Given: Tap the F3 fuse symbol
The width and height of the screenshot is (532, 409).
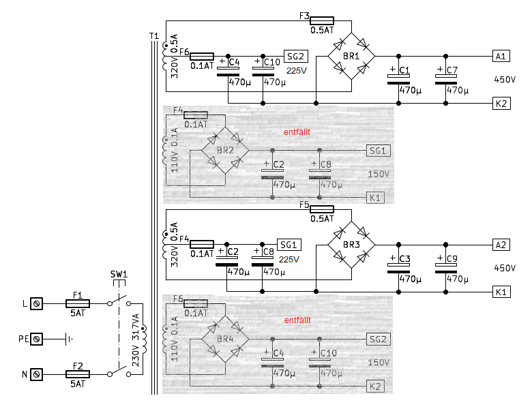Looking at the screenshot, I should (x=321, y=21).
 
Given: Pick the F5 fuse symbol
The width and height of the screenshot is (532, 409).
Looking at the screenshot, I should (x=321, y=209).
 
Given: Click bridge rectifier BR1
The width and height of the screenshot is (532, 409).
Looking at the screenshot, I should (x=351, y=55).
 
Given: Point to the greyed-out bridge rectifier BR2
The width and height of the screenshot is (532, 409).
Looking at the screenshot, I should (x=225, y=150).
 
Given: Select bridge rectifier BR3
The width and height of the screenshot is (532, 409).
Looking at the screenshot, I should (x=351, y=244).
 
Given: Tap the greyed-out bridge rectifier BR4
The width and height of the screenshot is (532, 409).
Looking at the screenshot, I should (x=225, y=338).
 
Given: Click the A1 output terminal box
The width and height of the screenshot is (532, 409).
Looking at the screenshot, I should (x=501, y=55).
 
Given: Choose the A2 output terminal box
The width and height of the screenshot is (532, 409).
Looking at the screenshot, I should (x=501, y=244).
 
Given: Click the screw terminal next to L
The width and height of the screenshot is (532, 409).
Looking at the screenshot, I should (x=38, y=302).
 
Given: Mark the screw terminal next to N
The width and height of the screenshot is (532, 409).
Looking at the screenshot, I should (x=38, y=374).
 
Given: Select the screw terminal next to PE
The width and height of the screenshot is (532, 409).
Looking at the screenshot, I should (x=38, y=338).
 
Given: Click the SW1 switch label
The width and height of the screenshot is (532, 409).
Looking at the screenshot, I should (x=119, y=274).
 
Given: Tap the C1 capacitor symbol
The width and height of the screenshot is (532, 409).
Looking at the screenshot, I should (x=399, y=80).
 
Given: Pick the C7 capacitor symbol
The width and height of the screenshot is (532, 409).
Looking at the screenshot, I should (x=445, y=80).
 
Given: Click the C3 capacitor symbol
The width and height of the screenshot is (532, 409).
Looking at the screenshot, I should (x=399, y=269).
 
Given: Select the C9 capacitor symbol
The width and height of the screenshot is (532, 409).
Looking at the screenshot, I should (x=445, y=269).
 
